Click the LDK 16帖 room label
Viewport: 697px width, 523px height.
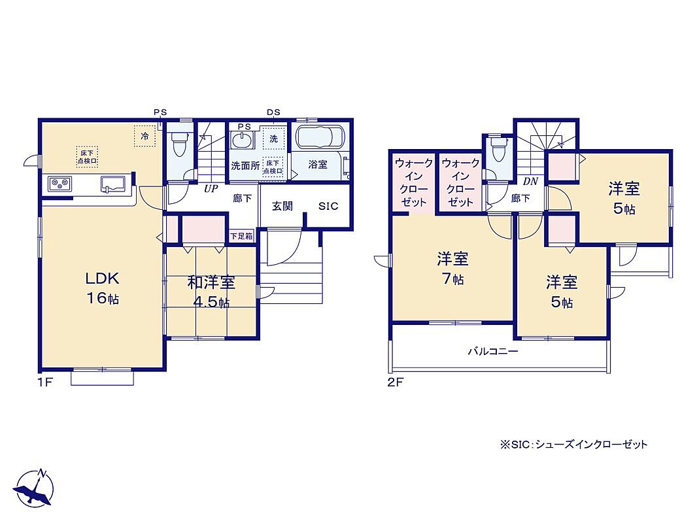102,288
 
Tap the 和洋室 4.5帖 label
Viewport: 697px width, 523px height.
211,292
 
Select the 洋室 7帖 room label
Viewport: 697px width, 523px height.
452,269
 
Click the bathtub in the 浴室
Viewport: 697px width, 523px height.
319,137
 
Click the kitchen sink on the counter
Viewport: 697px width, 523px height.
113,184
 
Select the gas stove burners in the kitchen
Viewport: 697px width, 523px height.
60,184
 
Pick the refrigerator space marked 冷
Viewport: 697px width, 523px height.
145,135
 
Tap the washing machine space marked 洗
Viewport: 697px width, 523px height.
273,139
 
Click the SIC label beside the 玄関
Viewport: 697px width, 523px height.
328,206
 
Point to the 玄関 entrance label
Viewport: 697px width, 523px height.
282,206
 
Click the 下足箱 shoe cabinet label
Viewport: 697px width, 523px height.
241,237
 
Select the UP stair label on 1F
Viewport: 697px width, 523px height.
211,189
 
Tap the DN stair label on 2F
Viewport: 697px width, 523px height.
530,181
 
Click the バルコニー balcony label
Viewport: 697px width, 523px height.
492,352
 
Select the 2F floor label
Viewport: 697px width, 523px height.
395,382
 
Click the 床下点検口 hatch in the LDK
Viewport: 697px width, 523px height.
87,157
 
